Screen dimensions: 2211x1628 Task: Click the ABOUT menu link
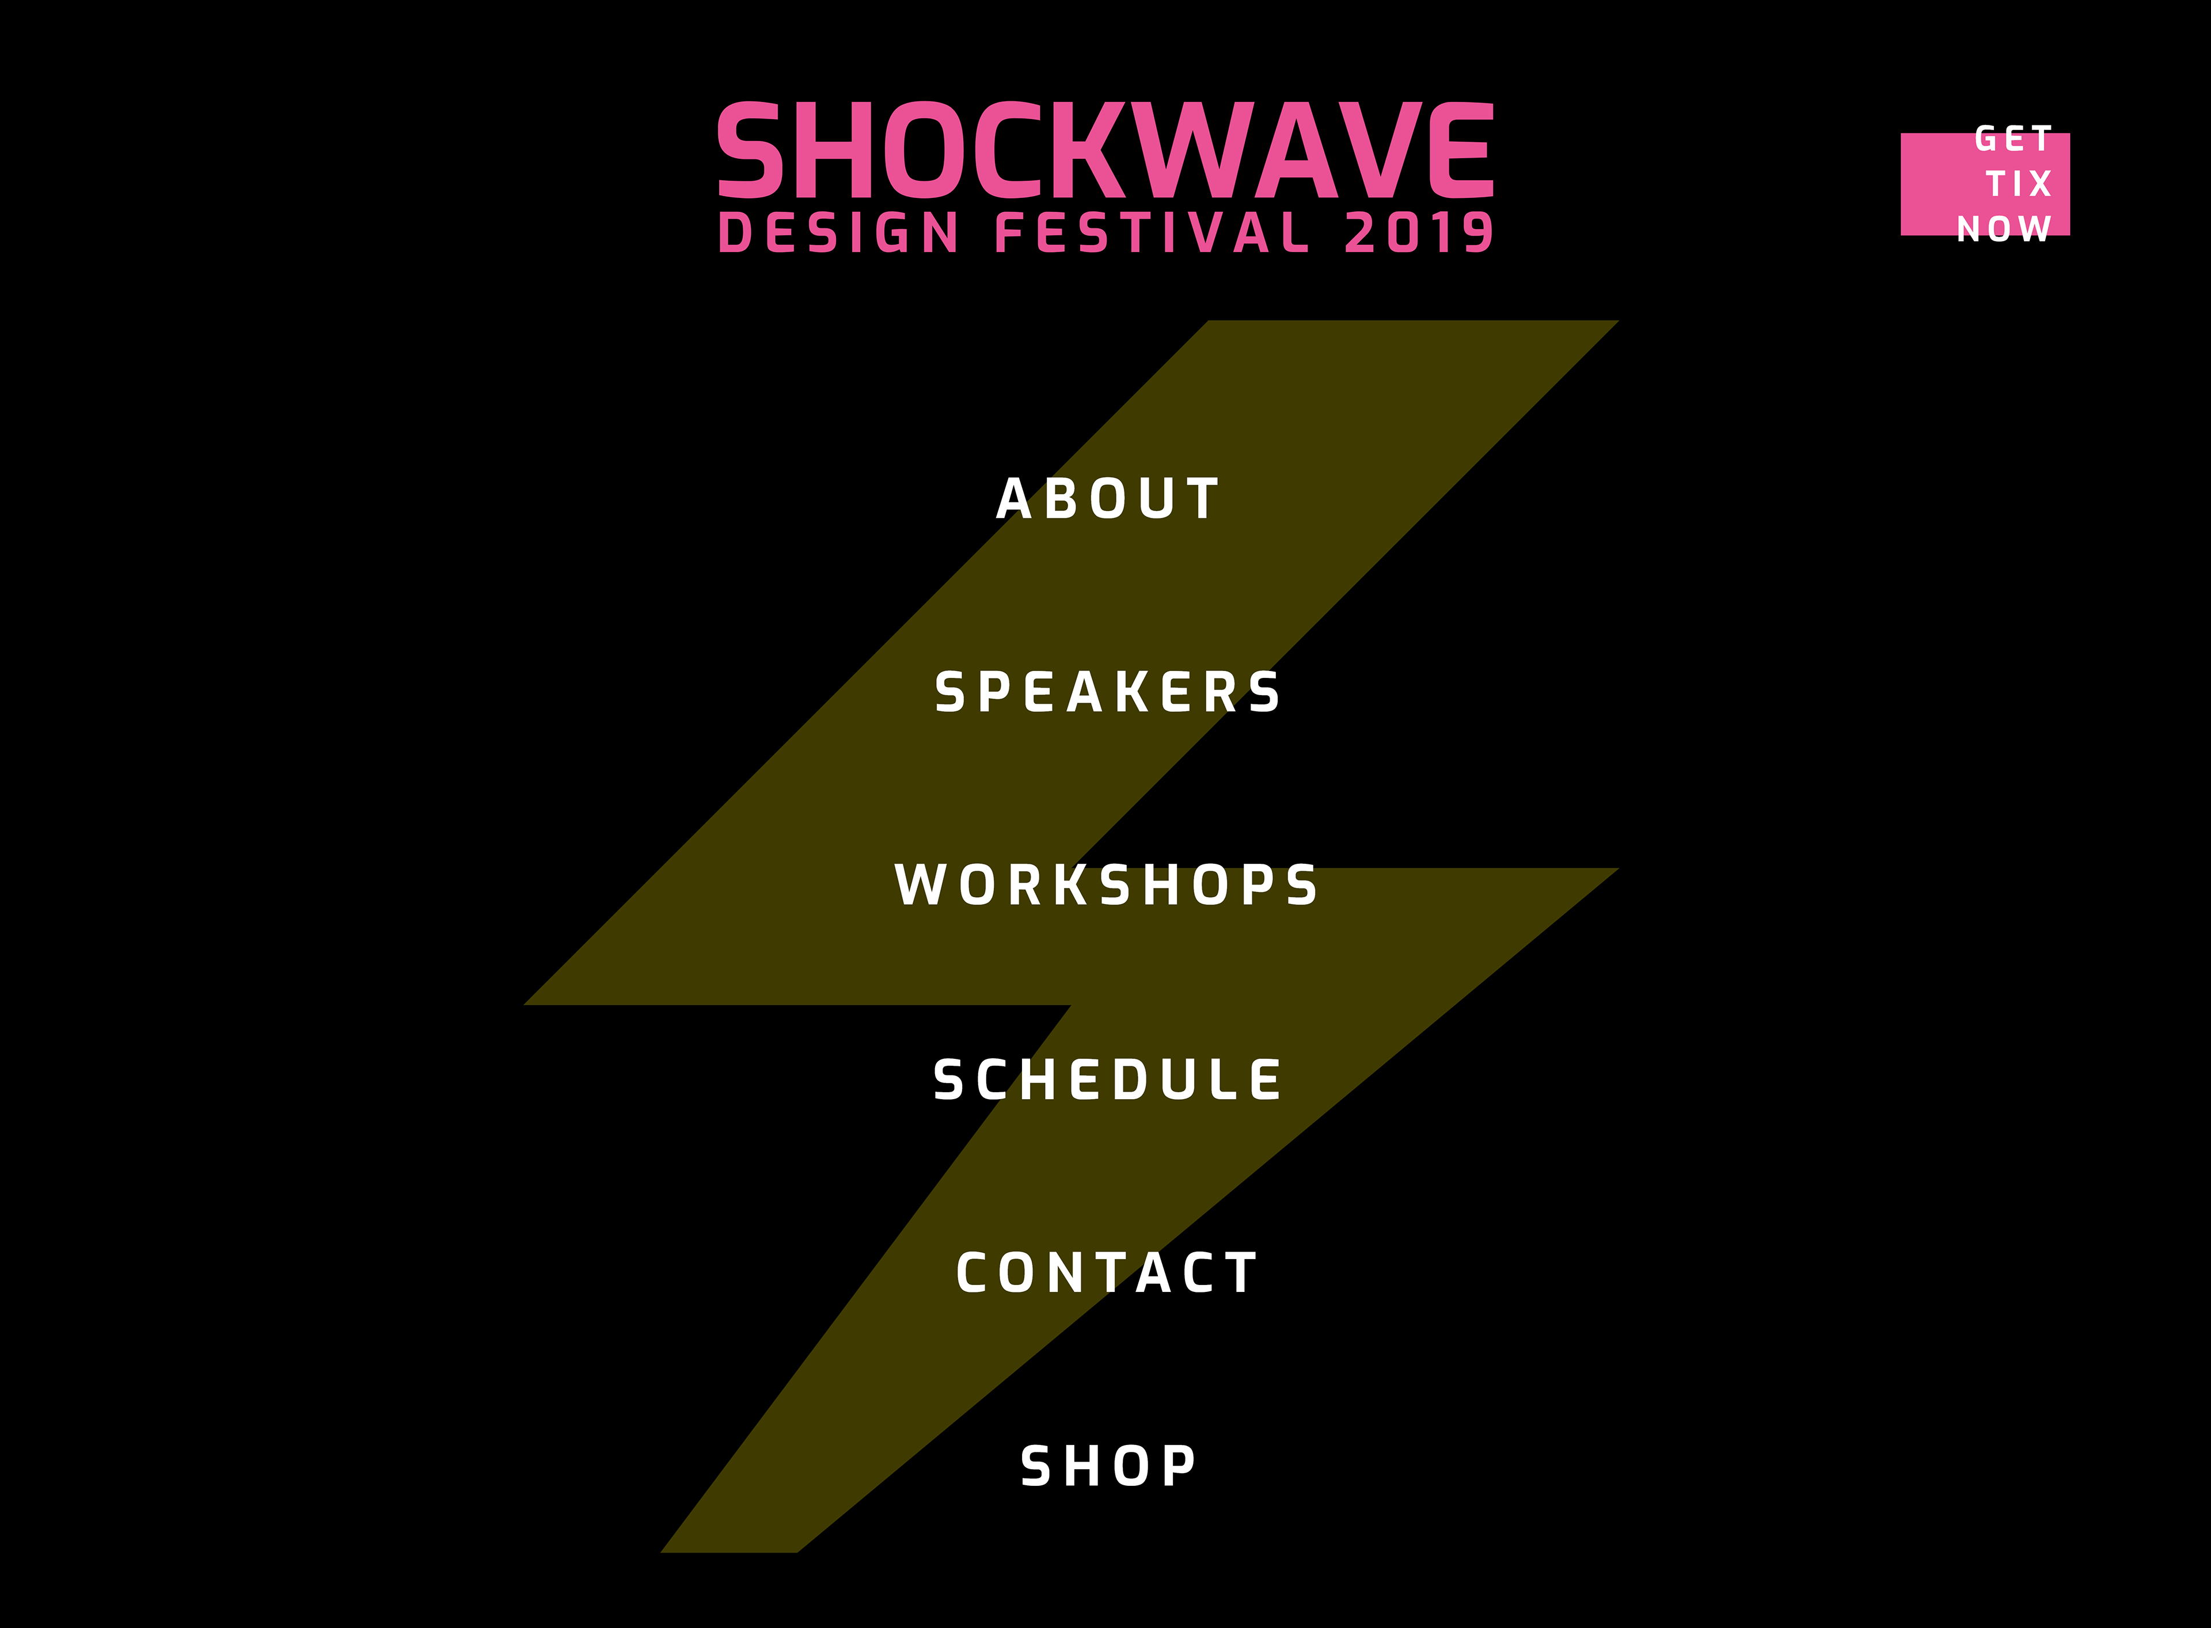coord(1108,499)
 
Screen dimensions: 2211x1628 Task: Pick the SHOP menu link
coord(1108,1466)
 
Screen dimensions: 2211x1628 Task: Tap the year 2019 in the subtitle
coord(1419,232)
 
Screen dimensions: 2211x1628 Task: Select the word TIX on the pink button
coord(2019,184)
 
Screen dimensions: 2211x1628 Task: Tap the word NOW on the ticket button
coord(2004,228)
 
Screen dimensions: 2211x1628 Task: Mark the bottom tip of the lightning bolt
coord(662,1551)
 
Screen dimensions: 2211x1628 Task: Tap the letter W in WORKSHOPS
coord(921,885)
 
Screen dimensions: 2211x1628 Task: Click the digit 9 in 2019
coord(1476,232)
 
